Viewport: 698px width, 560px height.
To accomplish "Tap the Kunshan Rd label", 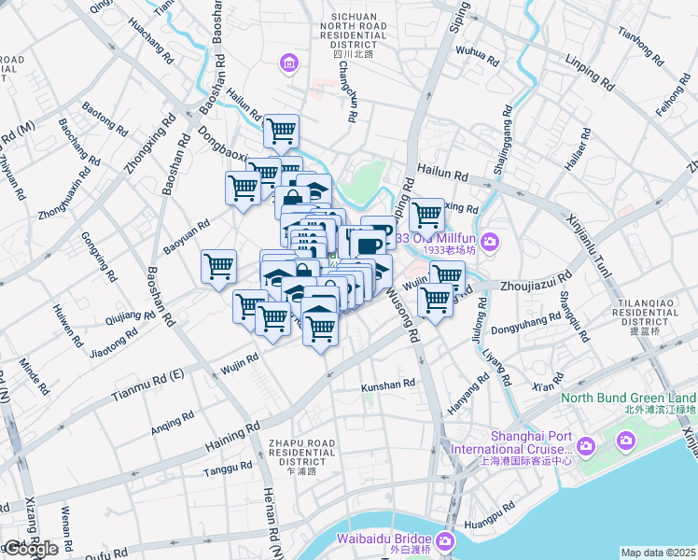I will [x=387, y=385].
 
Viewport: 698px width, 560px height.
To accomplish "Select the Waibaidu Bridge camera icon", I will [x=445, y=540].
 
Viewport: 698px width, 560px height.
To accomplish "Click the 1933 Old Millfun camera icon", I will [x=492, y=244].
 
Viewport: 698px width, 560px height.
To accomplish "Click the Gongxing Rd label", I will [x=98, y=257].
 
